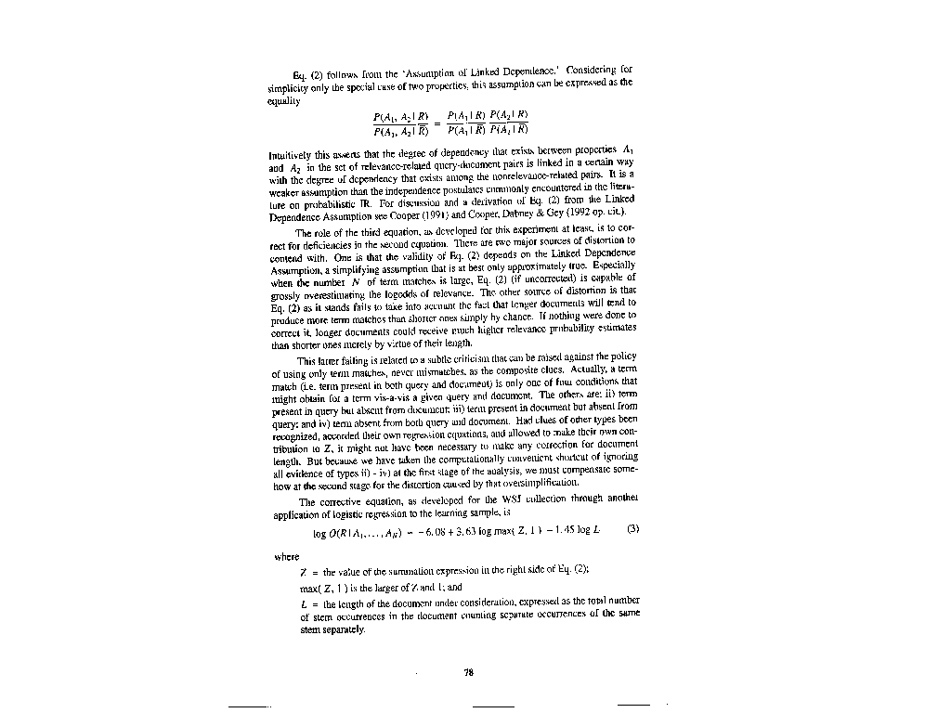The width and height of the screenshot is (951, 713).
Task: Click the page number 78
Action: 469,673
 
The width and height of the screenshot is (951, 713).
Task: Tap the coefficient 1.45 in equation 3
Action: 564,533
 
